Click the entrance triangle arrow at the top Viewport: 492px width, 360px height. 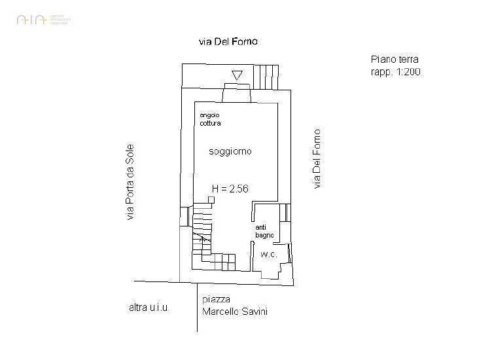point(237,75)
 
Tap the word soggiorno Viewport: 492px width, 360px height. point(230,151)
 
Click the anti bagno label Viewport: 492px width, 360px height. point(264,230)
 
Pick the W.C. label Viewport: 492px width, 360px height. point(268,253)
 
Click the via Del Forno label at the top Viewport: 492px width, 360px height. point(228,41)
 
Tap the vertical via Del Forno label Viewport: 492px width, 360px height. point(317,159)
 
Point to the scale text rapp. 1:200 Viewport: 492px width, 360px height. point(395,73)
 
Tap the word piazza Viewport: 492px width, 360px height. point(215,300)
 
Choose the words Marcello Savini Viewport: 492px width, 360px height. point(235,312)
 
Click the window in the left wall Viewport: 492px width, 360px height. point(182,217)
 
